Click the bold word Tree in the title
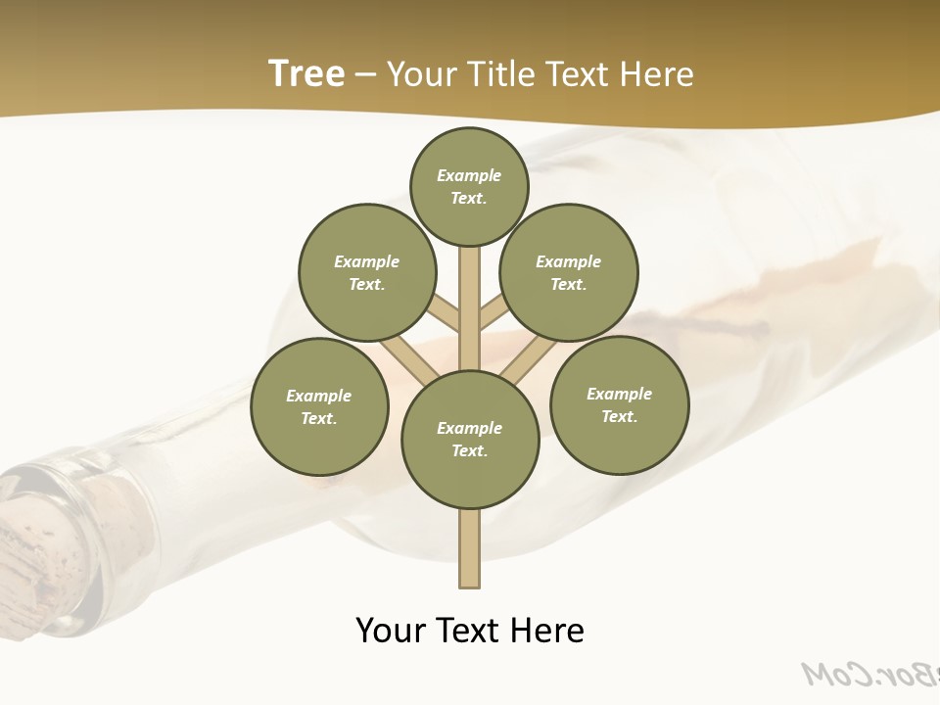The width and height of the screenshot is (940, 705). pyautogui.click(x=306, y=74)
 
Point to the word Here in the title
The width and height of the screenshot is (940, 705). pyautogui.click(x=656, y=74)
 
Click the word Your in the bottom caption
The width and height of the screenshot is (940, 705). pyautogui.click(x=391, y=631)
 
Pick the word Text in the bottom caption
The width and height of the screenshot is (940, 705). pyautogui.click(x=469, y=631)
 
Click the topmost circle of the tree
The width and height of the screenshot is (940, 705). pyautogui.click(x=469, y=186)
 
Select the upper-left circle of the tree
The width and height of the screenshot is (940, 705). pyautogui.click(x=367, y=272)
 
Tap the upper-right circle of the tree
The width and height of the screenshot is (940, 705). pyautogui.click(x=569, y=272)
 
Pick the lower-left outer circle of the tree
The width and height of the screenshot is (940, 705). pyautogui.click(x=319, y=406)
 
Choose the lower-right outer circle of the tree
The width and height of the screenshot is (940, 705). pyautogui.click(x=620, y=404)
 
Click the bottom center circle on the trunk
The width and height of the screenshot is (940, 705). pyautogui.click(x=470, y=440)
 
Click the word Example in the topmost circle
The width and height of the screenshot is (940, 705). pyautogui.click(x=469, y=176)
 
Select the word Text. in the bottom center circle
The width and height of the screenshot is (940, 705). pyautogui.click(x=469, y=451)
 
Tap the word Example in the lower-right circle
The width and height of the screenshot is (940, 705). pyautogui.click(x=619, y=394)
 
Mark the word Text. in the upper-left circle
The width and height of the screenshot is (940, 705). pyautogui.click(x=366, y=285)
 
